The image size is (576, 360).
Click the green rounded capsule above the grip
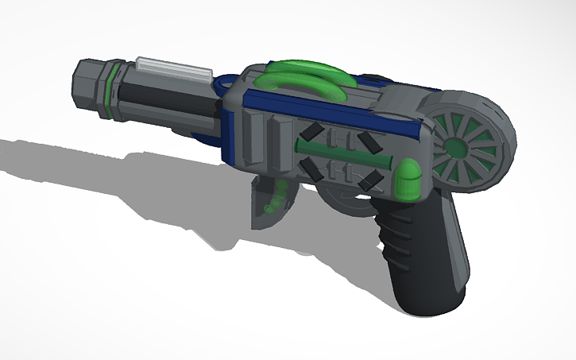tap(408, 179)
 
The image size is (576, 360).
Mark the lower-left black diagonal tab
tap(307, 165)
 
